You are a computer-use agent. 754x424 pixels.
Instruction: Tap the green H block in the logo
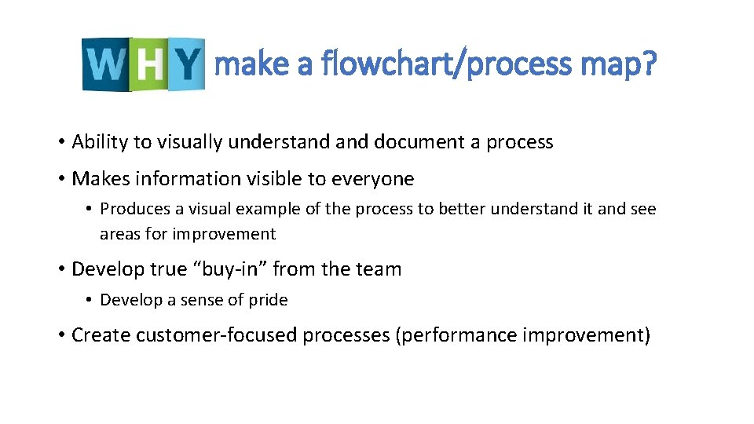148,65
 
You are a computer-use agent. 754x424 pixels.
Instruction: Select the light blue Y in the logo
185,64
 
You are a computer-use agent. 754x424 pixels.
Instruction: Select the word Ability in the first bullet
100,142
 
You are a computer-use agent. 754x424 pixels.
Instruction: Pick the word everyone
372,179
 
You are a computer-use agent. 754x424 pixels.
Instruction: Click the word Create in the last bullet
101,335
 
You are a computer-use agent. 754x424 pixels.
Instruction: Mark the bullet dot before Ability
60,143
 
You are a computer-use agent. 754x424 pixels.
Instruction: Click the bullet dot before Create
60,336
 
